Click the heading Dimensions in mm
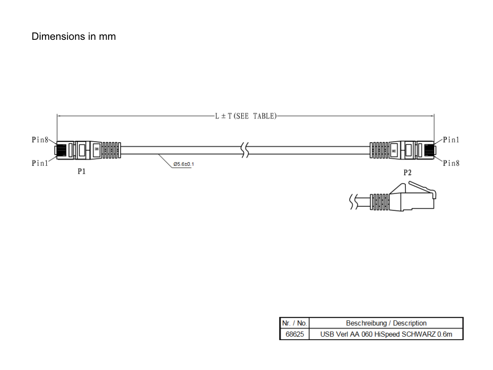74,36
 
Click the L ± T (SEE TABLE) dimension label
246,116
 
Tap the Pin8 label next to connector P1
40,140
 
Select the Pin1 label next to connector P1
40,163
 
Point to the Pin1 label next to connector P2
451,140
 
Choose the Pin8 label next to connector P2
451,163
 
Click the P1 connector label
81,171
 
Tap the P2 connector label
407,173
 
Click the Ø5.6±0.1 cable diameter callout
184,164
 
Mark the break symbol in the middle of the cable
245,150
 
